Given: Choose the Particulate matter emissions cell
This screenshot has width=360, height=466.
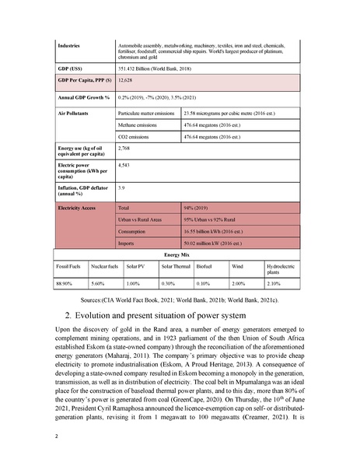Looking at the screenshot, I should pyautogui.click(x=146, y=113).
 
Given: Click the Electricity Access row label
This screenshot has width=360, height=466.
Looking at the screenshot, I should pyautogui.click(x=80, y=208).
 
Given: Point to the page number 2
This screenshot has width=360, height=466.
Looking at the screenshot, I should pyautogui.click(x=57, y=436).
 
